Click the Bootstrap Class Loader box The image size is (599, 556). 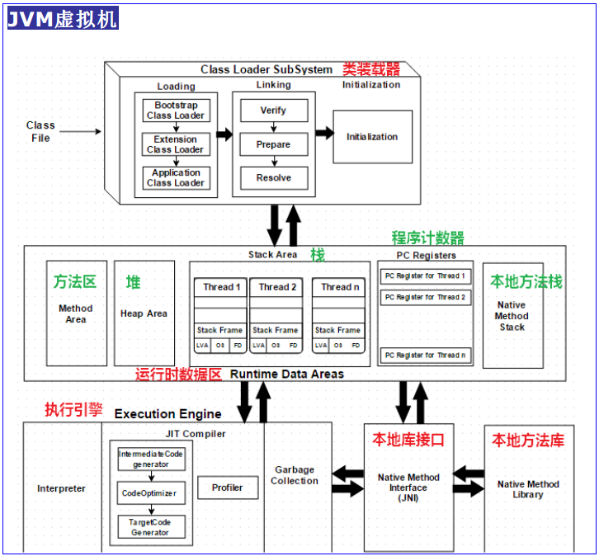[176, 111]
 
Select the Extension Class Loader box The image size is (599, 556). [176, 144]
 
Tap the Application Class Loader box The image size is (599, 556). [176, 177]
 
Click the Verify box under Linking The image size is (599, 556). [273, 111]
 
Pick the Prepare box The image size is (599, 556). [273, 144]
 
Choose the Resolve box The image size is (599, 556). [273, 177]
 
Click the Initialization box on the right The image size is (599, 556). [372, 136]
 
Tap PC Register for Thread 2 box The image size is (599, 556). [426, 297]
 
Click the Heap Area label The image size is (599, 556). [144, 313]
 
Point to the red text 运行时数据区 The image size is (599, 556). [179, 375]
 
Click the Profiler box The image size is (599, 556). [228, 488]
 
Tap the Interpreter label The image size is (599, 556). [61, 488]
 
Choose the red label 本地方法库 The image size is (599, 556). [528, 441]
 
